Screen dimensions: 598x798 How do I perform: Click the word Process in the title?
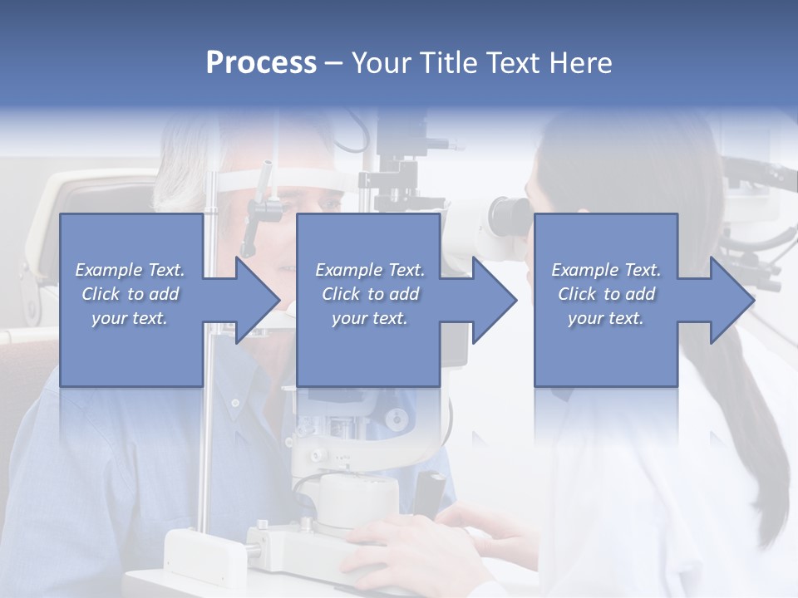pos(261,62)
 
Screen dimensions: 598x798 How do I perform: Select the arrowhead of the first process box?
pos(258,300)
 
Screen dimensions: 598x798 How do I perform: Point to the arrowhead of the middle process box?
pos(495,300)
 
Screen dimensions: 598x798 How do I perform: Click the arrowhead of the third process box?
pos(732,300)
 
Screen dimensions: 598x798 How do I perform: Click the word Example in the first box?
pos(109,270)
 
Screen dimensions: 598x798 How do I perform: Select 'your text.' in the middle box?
pos(369,318)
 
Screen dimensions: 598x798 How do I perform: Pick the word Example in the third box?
pos(585,270)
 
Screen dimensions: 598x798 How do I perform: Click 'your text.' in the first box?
pos(129,318)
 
